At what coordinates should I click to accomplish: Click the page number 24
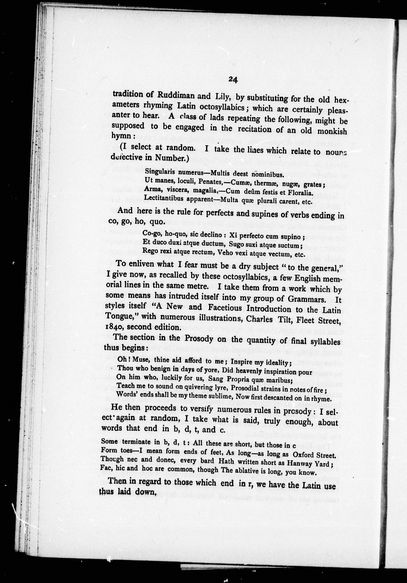click(x=233, y=80)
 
